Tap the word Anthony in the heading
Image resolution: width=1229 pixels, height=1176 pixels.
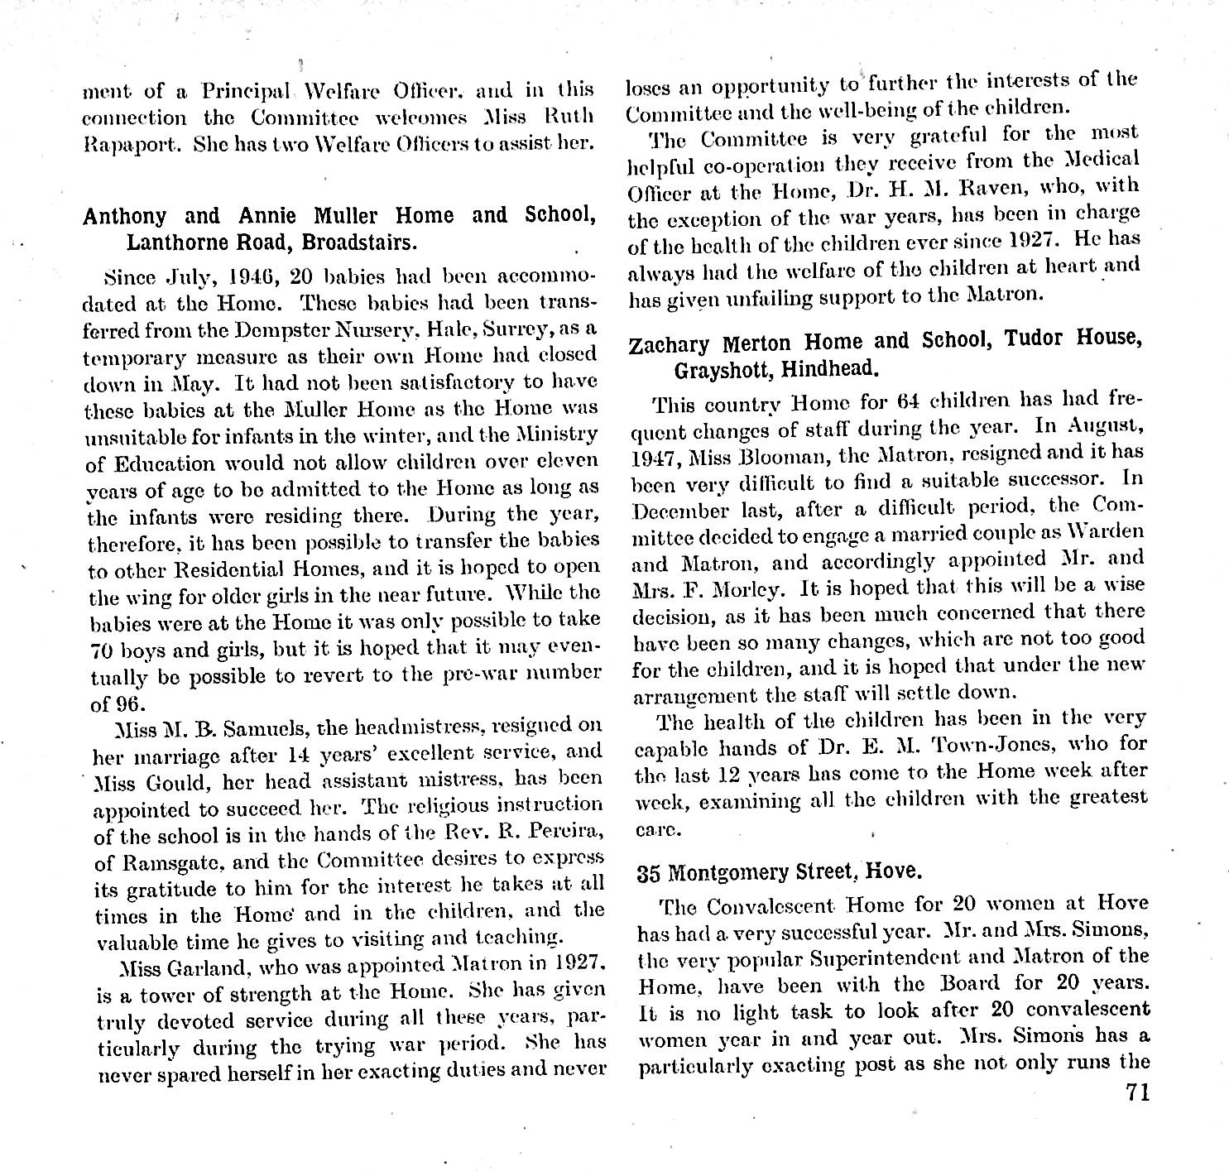[124, 217]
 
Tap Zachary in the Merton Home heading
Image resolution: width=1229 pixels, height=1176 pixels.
[671, 343]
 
